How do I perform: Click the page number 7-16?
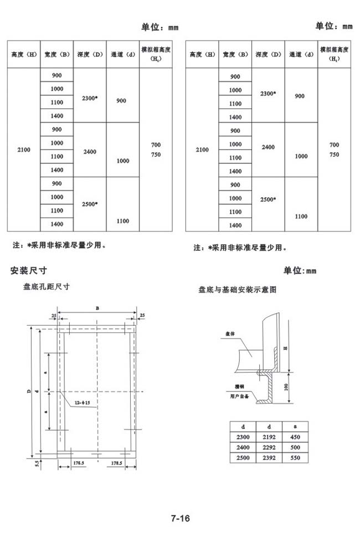[181, 519]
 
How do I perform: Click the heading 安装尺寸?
[29, 270]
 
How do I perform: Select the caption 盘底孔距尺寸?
[46, 287]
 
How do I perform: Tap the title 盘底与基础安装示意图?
[237, 290]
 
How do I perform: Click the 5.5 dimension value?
[37, 462]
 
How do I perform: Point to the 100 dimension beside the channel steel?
[286, 386]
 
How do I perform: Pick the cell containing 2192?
[268, 437]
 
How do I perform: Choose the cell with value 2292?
[268, 447]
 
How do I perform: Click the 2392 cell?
[268, 458]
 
